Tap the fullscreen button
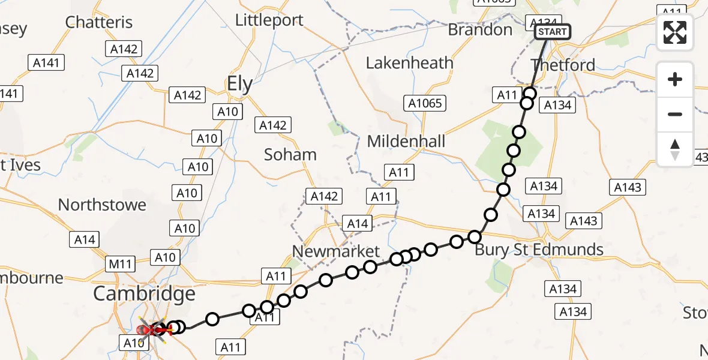(675, 32)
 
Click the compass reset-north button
(675, 149)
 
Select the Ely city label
(239, 84)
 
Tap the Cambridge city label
(144, 294)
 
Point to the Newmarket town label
(336, 251)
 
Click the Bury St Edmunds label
(539, 250)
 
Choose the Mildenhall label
(406, 142)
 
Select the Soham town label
(290, 154)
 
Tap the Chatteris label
(98, 22)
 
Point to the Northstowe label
(102, 205)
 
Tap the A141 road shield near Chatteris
(46, 62)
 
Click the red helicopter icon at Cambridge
(146, 329)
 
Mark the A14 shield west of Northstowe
(85, 239)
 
